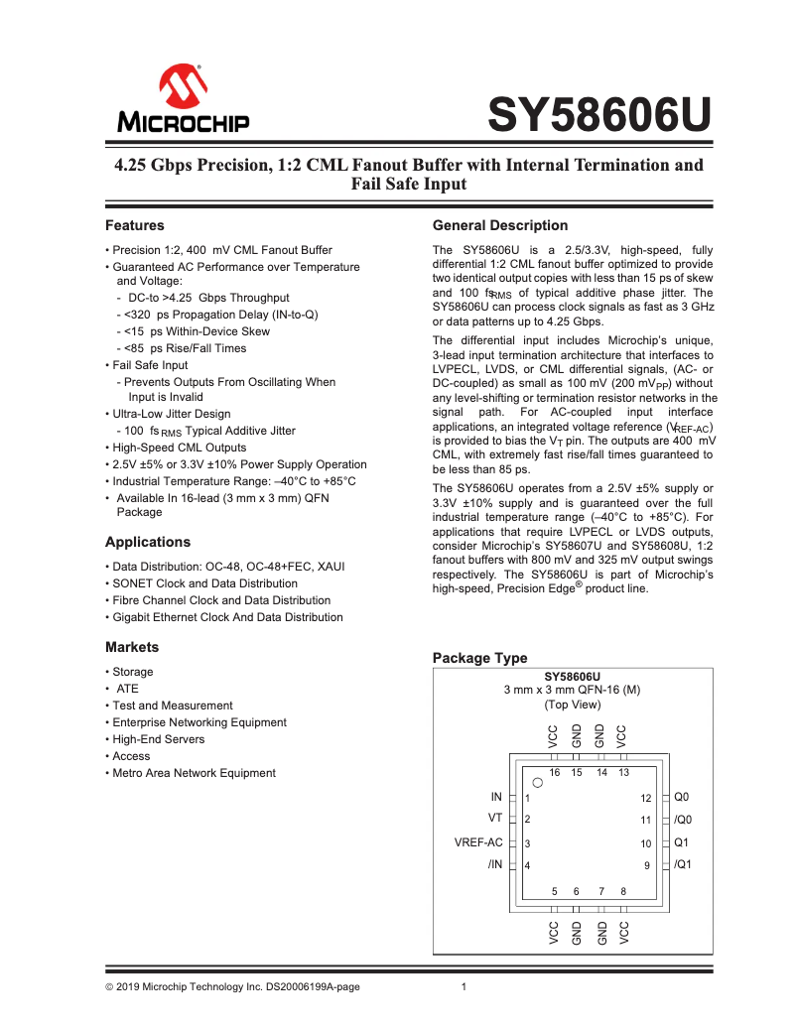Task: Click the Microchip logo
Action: pos(185,100)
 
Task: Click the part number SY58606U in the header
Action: pos(600,116)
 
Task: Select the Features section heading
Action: pos(134,225)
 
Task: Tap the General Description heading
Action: pos(500,225)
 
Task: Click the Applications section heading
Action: pos(148,542)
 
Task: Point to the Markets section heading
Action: pos(132,647)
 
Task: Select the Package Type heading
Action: pos(480,658)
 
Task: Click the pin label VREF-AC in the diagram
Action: pos(479,842)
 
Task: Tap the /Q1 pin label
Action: pos(683,864)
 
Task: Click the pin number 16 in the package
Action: pos(555,772)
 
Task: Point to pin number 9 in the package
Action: pos(646,866)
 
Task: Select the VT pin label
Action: pos(495,818)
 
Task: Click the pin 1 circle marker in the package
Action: pos(537,782)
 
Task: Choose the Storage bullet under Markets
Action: pos(133,672)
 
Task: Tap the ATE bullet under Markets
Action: pos(128,689)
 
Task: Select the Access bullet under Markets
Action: pos(132,756)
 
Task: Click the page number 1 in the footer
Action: pos(464,986)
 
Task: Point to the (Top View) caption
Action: pos(572,705)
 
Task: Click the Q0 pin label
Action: pos(682,797)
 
